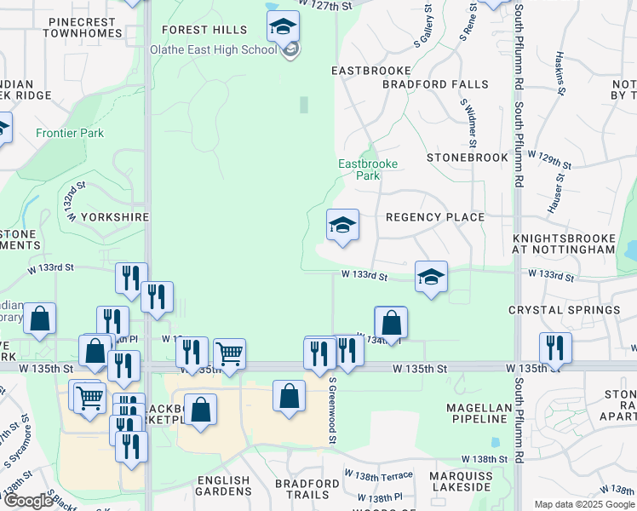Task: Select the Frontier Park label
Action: click(70, 133)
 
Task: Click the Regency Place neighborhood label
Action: click(435, 217)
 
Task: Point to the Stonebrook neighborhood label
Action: click(468, 158)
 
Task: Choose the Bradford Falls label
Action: click(435, 84)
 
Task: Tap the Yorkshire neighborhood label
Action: click(114, 217)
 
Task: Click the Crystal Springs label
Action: click(565, 310)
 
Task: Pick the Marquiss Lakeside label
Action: click(460, 481)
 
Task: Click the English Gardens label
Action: click(225, 486)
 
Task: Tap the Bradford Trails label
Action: click(302, 489)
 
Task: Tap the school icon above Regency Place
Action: click(343, 225)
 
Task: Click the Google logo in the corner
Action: click(28, 501)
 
